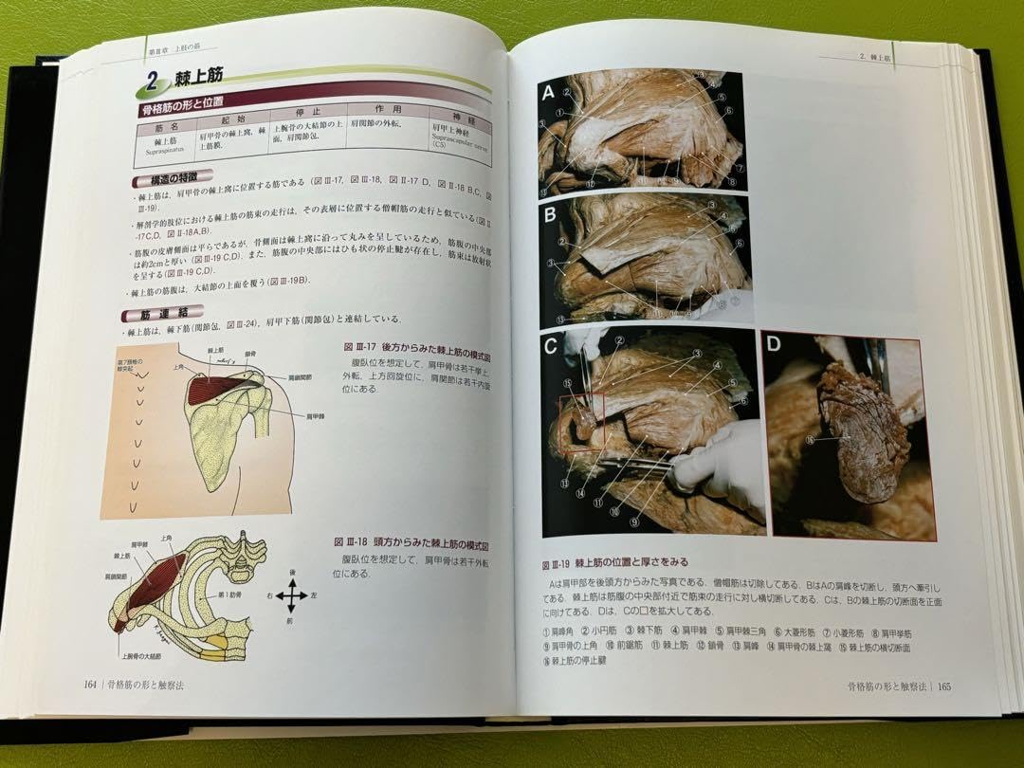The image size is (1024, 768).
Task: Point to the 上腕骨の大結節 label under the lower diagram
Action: [141, 655]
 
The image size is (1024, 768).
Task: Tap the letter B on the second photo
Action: [550, 212]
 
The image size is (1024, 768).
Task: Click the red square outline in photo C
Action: [579, 424]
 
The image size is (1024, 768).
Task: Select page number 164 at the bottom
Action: [90, 685]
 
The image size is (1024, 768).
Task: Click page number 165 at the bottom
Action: [943, 687]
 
